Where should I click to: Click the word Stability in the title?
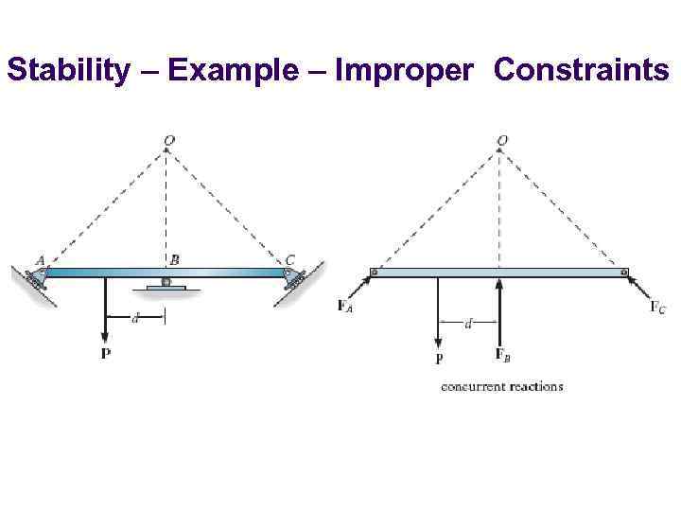pos(65,70)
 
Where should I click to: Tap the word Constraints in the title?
pos(582,70)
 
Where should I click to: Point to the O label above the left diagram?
pos(167,141)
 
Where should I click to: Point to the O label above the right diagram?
pos(502,141)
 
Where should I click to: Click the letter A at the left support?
pos(40,260)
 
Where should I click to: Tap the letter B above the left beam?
pos(175,259)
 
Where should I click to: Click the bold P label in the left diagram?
pos(104,353)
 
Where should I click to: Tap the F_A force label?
pos(346,306)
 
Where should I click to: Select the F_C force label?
pos(657,306)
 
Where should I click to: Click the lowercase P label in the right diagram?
pos(439,360)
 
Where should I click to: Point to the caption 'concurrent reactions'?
pos(501,386)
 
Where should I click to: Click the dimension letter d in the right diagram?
pos(469,324)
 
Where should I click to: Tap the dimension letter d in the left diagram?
pos(134,319)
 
